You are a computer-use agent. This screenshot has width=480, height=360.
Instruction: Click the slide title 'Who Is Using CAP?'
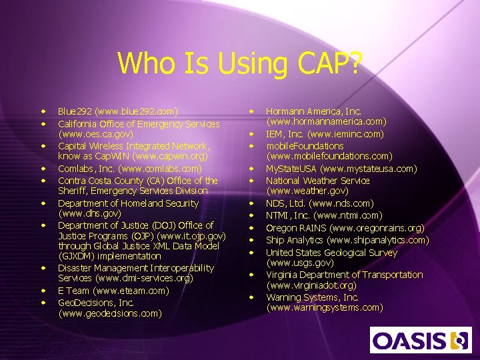(x=240, y=63)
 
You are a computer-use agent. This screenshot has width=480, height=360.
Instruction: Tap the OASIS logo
(x=421, y=340)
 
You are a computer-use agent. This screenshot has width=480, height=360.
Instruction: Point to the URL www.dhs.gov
(x=89, y=214)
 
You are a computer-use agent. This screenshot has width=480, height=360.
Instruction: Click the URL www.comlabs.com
(x=161, y=169)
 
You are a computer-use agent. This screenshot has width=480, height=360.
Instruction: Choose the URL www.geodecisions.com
(x=110, y=313)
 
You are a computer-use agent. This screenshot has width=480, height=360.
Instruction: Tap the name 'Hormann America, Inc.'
(x=313, y=111)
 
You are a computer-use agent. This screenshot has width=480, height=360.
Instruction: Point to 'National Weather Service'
(x=317, y=181)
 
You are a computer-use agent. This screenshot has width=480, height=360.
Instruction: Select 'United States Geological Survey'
(x=331, y=253)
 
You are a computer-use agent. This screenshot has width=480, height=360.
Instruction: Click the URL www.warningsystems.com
(x=325, y=308)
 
